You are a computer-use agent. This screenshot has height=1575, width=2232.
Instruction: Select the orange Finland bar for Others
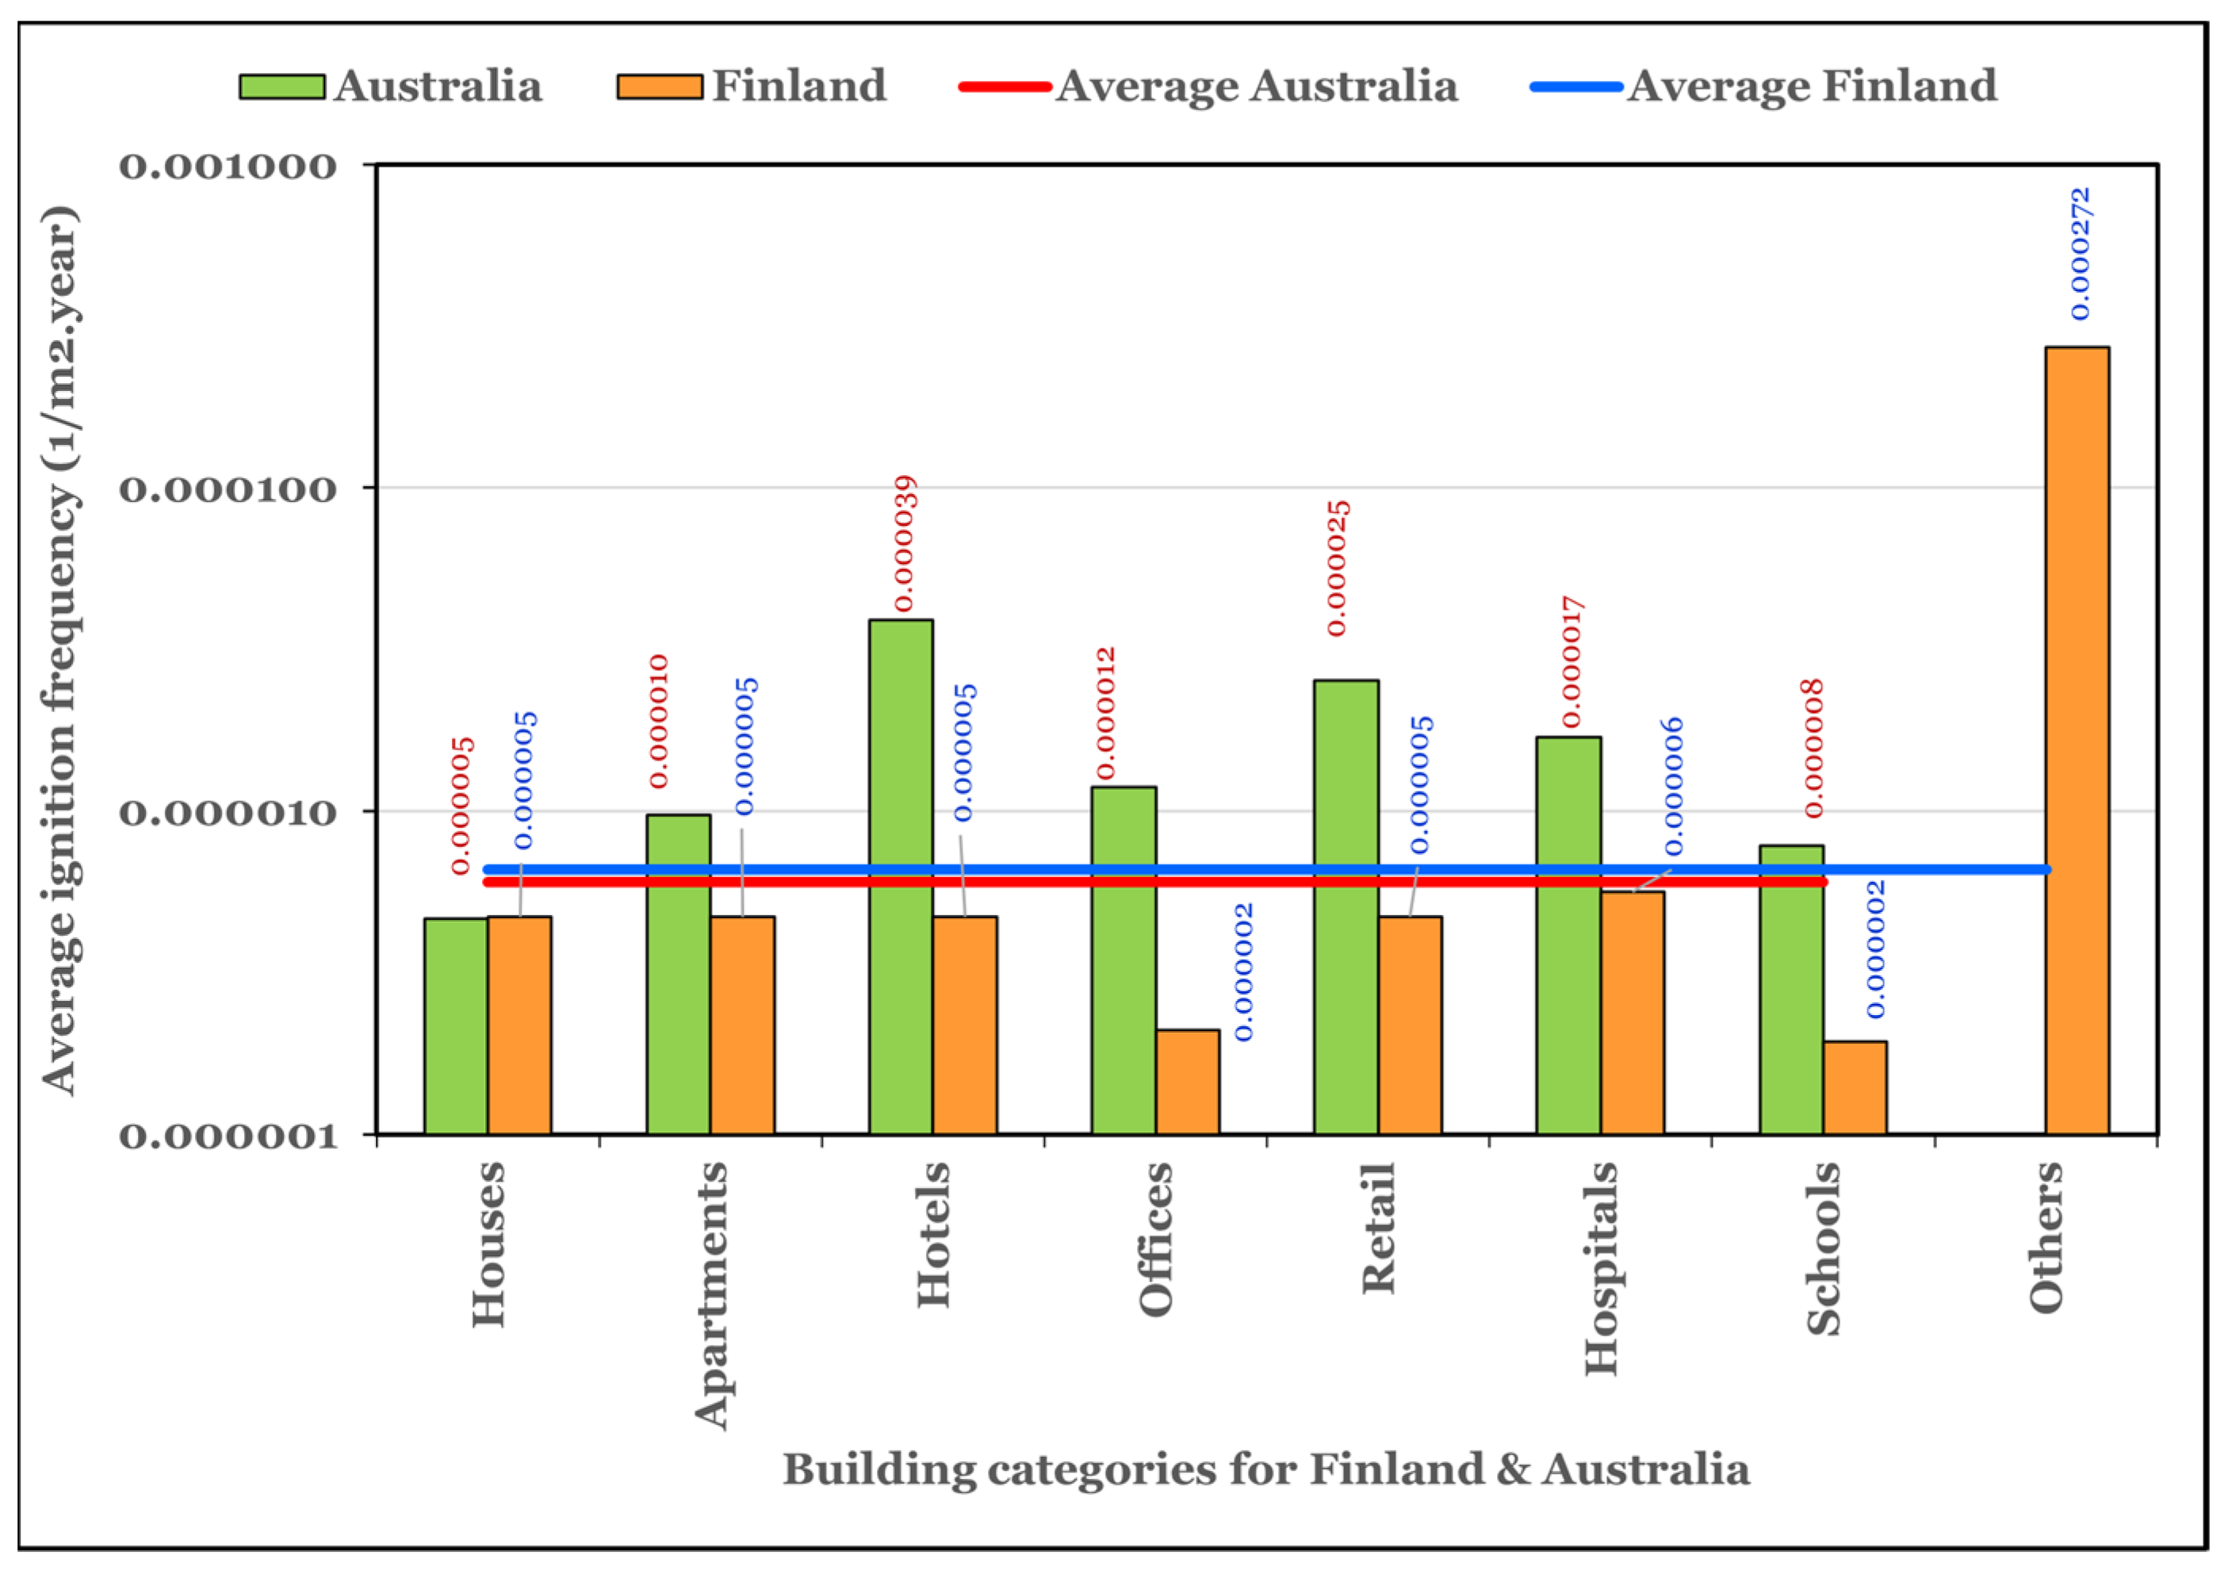pyautogui.click(x=2077, y=739)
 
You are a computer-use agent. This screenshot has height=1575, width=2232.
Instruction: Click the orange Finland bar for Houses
pyautogui.click(x=519, y=1025)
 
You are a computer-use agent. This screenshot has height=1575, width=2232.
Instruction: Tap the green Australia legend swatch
pyautogui.click(x=282, y=86)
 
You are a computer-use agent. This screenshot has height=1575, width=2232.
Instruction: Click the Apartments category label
pyautogui.click(x=711, y=1295)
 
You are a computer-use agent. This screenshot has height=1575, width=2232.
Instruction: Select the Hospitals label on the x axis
pyautogui.click(x=1601, y=1268)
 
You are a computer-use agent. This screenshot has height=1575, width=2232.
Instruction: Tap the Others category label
pyautogui.click(x=2046, y=1236)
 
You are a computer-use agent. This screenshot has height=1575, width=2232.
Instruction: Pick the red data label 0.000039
pyautogui.click(x=904, y=543)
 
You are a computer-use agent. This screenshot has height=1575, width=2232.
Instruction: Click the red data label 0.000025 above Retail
pyautogui.click(x=1338, y=569)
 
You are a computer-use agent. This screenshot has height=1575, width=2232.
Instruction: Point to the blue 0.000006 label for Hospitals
pyautogui.click(x=1672, y=787)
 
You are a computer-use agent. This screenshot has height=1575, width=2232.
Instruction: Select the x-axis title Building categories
pyautogui.click(x=1265, y=1469)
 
